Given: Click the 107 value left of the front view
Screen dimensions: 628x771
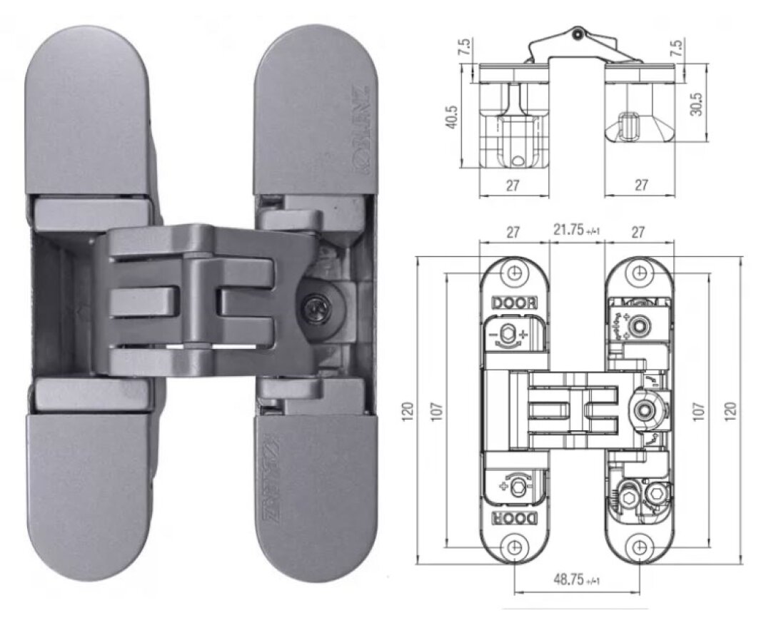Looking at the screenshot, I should (438, 412).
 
